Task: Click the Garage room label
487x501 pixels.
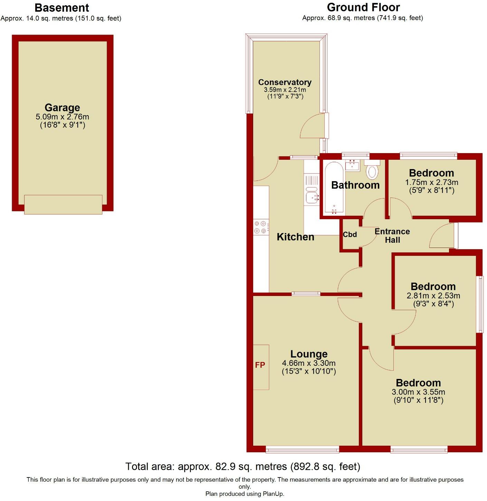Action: (62, 108)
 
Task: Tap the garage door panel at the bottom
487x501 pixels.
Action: (63, 204)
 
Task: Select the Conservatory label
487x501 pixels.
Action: (285, 82)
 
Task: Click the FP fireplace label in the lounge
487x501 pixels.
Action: (260, 365)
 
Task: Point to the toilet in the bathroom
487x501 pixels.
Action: (372, 171)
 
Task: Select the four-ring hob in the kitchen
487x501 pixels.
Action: (261, 227)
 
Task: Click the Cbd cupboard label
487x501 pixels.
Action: (350, 234)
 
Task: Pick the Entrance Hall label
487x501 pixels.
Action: (392, 235)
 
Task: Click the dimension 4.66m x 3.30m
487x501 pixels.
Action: (309, 363)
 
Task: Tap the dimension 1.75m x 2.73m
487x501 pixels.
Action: (431, 182)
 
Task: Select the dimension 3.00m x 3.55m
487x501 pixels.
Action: (418, 392)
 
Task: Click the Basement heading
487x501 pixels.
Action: (62, 8)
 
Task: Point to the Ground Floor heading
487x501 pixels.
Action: (363, 7)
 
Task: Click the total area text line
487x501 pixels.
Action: (243, 466)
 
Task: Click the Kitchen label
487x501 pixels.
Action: (295, 237)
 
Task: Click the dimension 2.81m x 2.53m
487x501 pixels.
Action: (433, 296)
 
